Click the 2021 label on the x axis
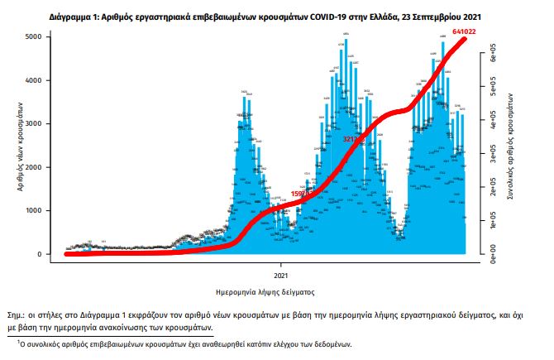281,274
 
